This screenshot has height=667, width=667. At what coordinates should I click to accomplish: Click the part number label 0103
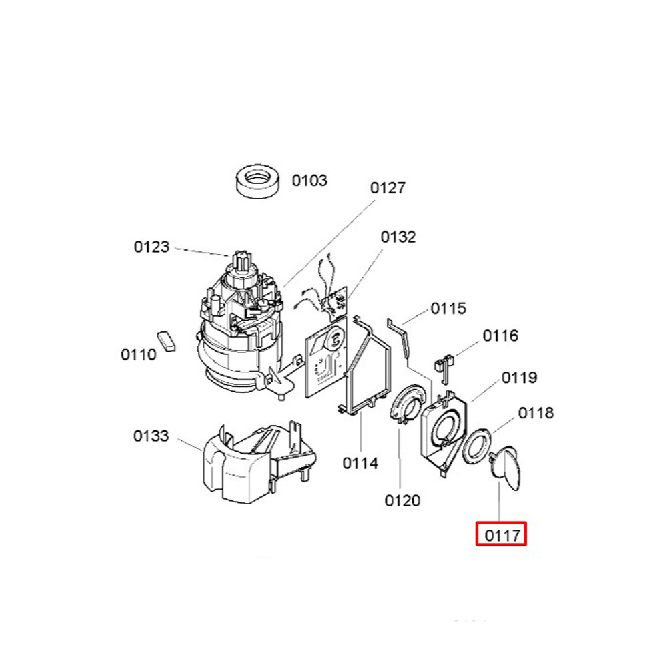309,180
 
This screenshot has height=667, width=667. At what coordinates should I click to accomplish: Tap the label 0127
388,187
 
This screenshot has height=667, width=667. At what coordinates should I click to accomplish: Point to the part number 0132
398,237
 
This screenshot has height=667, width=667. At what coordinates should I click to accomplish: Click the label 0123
151,247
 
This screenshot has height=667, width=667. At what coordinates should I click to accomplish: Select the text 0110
139,354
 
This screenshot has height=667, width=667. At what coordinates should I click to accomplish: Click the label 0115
448,308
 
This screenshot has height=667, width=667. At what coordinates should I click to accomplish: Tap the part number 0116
500,336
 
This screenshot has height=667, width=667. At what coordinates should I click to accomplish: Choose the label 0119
519,378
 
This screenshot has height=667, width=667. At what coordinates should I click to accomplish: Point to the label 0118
536,413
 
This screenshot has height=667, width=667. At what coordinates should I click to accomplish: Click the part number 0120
402,500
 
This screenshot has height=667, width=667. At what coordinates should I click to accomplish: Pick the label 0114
360,463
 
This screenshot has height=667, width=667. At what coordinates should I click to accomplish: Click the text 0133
151,436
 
